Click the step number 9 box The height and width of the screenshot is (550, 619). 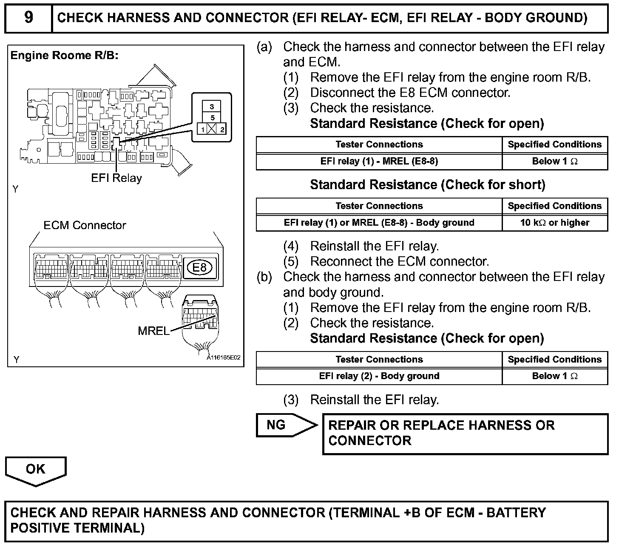click(x=28, y=18)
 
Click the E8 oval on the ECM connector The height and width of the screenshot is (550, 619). click(x=199, y=267)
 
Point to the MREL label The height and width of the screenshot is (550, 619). click(x=153, y=331)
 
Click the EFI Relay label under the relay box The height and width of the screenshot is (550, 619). click(x=116, y=178)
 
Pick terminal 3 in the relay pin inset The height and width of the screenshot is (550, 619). click(x=212, y=107)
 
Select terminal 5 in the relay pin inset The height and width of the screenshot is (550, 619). click(x=212, y=118)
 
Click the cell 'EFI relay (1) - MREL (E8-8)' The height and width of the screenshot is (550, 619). click(x=379, y=161)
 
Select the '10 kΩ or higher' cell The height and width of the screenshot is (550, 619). click(x=554, y=223)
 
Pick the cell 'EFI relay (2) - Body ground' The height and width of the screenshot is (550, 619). click(x=379, y=376)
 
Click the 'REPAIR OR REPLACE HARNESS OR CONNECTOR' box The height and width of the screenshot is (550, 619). click(x=465, y=434)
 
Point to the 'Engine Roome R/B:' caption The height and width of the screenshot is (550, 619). click(x=64, y=56)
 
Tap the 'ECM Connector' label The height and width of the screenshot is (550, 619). click(x=85, y=225)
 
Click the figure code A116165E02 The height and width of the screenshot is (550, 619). click(x=224, y=358)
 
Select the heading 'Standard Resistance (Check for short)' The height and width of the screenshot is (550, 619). click(x=427, y=185)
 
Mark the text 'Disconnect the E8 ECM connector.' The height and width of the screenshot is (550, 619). click(x=410, y=93)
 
